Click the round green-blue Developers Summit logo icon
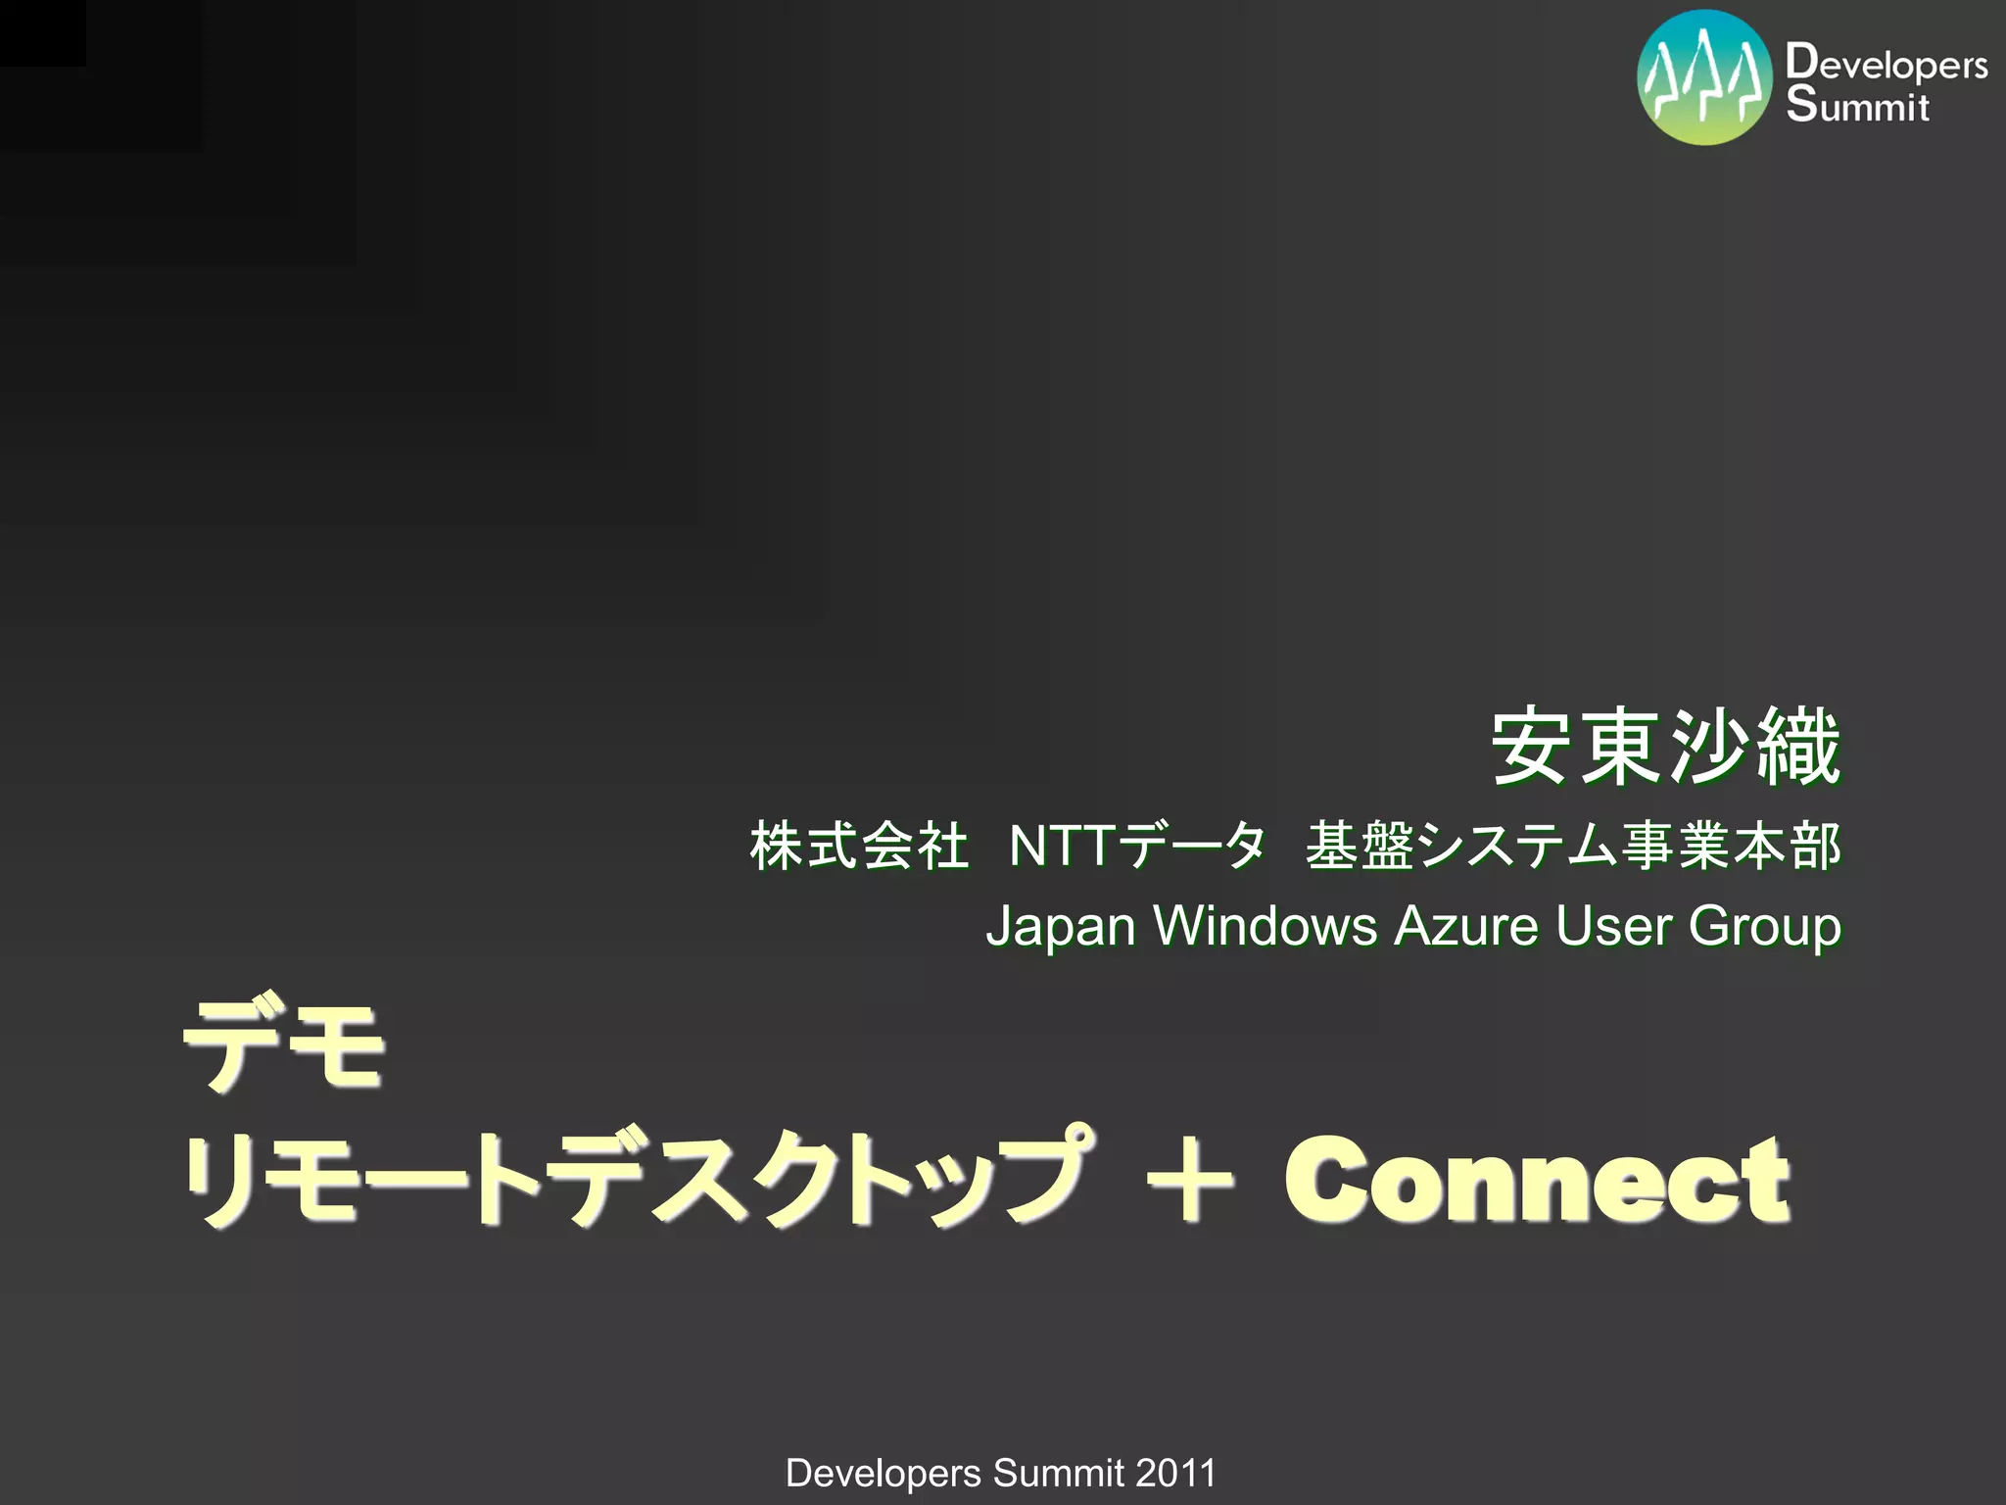(x=1704, y=77)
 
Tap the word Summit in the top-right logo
(x=1857, y=104)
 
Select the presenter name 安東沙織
(x=1665, y=749)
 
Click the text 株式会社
(x=859, y=847)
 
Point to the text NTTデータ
(x=1137, y=847)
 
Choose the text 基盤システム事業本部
(x=1573, y=847)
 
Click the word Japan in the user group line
(x=1060, y=926)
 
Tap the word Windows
(x=1265, y=926)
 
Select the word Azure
(x=1465, y=926)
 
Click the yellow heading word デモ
(x=284, y=1045)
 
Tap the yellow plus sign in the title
(x=1189, y=1181)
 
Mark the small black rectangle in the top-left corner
(x=42, y=32)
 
